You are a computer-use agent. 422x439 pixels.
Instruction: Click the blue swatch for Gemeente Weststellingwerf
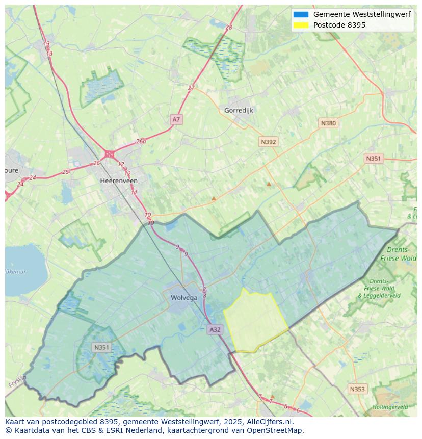[x=301, y=14]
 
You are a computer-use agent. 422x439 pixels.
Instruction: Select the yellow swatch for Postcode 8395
[x=301, y=25]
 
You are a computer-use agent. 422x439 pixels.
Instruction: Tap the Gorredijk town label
[x=239, y=110]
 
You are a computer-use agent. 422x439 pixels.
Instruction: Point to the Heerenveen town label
[x=119, y=180]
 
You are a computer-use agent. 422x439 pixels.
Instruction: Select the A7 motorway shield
[x=176, y=119]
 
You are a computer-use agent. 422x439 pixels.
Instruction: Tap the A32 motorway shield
[x=215, y=329]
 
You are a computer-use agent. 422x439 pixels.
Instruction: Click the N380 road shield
[x=328, y=123]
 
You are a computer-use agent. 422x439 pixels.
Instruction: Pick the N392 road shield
[x=268, y=142]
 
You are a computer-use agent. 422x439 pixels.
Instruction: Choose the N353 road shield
[x=357, y=389]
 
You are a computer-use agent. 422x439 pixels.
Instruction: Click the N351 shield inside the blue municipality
[x=101, y=347]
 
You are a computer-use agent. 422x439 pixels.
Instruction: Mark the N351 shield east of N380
[x=373, y=159]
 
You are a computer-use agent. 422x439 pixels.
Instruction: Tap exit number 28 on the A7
[x=228, y=27]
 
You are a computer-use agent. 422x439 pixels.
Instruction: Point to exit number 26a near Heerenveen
[x=141, y=142]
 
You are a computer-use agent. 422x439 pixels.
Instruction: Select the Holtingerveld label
[x=390, y=407]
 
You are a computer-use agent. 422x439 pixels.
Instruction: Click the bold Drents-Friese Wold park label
[x=401, y=254]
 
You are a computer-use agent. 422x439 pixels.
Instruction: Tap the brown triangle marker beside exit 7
[x=272, y=396]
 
